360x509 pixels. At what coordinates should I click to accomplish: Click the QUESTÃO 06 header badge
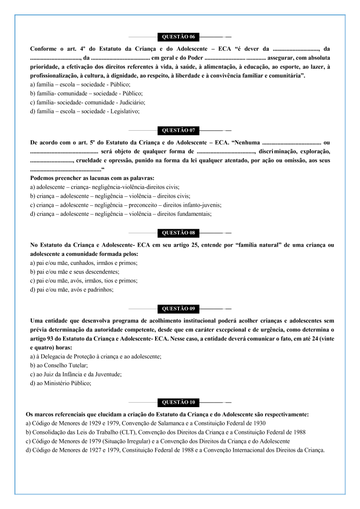click(x=178, y=37)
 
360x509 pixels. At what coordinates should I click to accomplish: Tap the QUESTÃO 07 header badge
click(x=178, y=131)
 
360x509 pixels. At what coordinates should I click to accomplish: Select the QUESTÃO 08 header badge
click(x=178, y=232)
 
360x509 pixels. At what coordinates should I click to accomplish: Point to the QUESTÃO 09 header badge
click(x=178, y=309)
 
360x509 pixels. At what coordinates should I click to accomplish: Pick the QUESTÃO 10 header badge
click(x=178, y=402)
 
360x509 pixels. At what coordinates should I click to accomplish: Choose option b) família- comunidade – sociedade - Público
click(x=87, y=93)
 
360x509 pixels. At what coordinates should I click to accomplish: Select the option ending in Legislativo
click(x=85, y=111)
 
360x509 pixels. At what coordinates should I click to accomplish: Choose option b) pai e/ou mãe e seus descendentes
click(x=75, y=272)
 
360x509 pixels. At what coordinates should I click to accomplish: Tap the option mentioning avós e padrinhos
click(x=72, y=290)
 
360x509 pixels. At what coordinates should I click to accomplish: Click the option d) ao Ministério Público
click(x=61, y=383)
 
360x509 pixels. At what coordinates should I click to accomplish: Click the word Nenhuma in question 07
click(x=247, y=143)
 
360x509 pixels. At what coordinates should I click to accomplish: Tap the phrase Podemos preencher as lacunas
click(x=92, y=178)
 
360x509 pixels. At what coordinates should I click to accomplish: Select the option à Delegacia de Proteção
click(x=95, y=356)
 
